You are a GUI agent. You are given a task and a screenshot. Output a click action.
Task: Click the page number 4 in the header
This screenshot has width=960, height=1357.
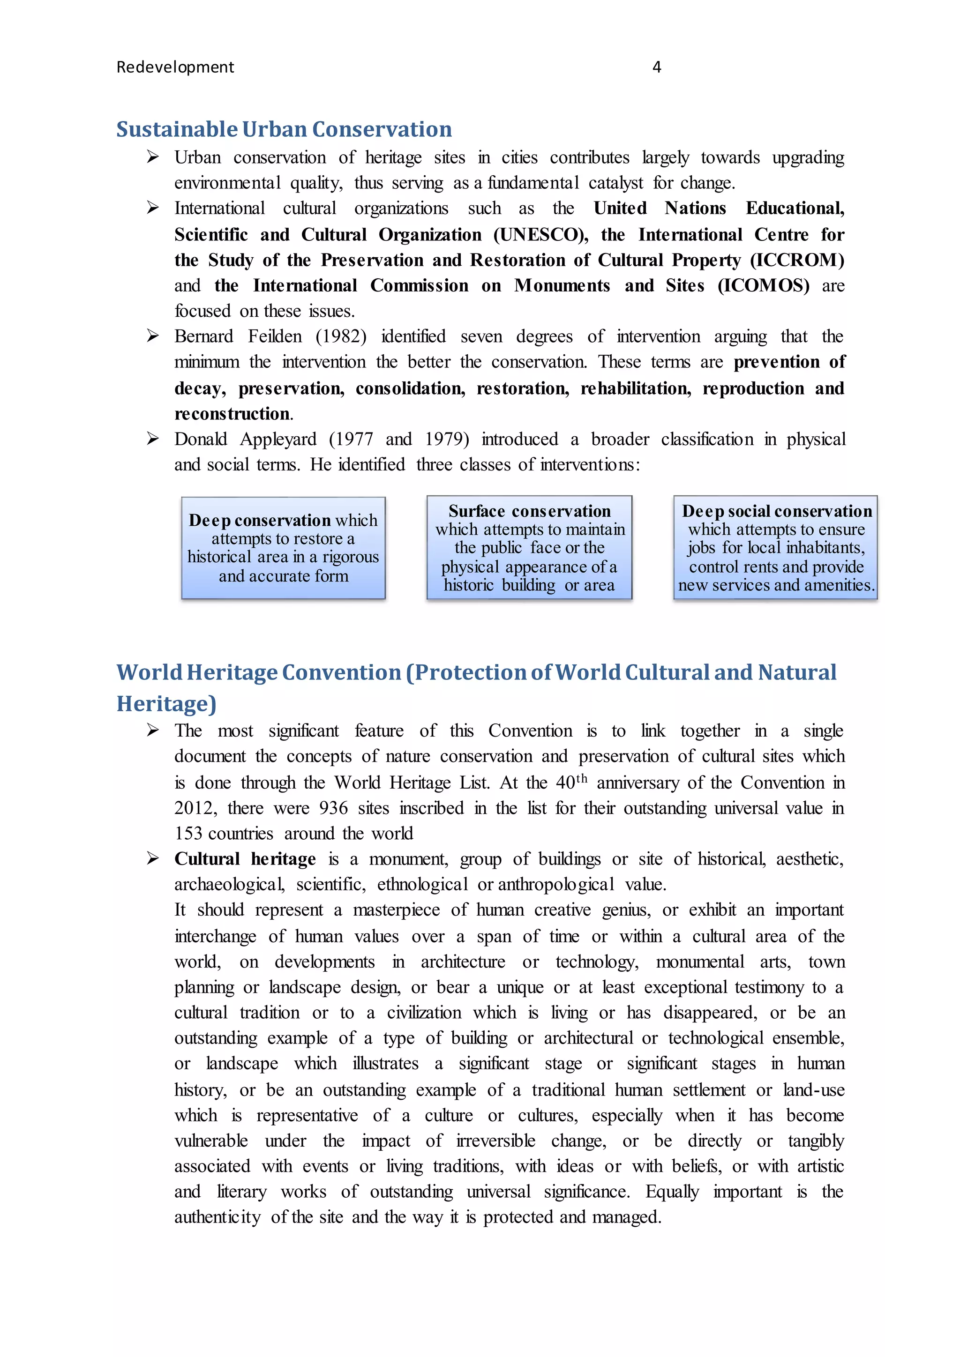coord(656,67)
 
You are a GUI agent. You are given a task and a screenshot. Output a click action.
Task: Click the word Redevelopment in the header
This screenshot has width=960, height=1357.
coord(175,67)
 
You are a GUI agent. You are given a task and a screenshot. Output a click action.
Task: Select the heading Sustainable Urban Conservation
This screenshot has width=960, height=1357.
coord(284,129)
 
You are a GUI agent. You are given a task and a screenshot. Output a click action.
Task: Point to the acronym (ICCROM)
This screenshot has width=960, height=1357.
coord(797,260)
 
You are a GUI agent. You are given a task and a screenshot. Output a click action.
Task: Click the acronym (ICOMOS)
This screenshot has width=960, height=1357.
coord(763,285)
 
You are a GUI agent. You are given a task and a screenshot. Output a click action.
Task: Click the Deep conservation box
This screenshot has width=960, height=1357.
coord(283,548)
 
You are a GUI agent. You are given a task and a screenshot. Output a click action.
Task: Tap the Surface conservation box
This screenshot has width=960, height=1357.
coord(529,548)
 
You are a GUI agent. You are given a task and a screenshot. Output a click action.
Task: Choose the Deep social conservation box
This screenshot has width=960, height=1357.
coord(776,548)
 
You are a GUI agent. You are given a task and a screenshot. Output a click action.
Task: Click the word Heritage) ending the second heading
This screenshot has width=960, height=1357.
coord(166,703)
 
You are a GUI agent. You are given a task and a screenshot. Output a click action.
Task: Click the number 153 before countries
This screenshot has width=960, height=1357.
coord(188,833)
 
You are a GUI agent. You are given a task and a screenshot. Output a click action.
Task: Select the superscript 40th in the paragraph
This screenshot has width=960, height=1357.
coord(571,781)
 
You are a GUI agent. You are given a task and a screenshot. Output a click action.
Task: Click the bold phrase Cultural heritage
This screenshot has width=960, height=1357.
coord(245,859)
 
